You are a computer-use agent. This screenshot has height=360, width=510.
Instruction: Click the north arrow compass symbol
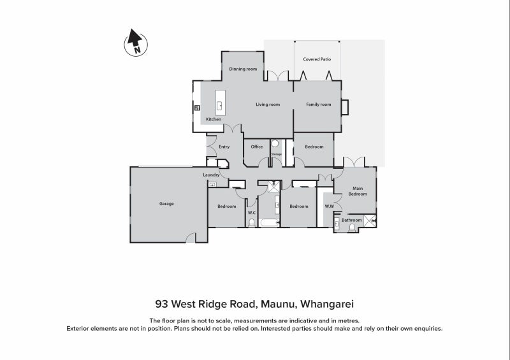pos(135,43)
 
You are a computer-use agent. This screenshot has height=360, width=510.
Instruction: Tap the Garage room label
pos(166,204)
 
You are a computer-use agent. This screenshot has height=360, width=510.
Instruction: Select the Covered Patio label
pos(317,59)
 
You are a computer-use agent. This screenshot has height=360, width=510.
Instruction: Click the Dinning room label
pos(243,69)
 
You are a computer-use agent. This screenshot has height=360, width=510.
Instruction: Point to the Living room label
pos(268,104)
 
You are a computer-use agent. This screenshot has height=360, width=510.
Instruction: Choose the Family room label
pos(318,104)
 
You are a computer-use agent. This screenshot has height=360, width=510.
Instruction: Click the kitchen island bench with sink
pos(220,103)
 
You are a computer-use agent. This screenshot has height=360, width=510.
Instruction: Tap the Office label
pos(257,147)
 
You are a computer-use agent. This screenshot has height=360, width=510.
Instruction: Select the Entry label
pos(224,147)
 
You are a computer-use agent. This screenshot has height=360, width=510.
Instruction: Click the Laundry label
pos(211,175)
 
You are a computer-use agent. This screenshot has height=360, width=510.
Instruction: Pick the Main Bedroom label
pos(358,191)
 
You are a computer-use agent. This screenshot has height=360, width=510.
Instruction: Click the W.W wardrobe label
pos(330,206)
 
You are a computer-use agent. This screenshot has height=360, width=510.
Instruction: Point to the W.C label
pos(252,213)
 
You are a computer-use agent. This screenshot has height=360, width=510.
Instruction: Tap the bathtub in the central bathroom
pos(268,222)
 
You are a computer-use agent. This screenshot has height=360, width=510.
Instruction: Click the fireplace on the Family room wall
pos(345,107)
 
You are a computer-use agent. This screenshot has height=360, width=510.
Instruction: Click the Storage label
pos(276,154)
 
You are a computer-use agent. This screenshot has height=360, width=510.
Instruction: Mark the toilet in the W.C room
pos(252,222)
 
